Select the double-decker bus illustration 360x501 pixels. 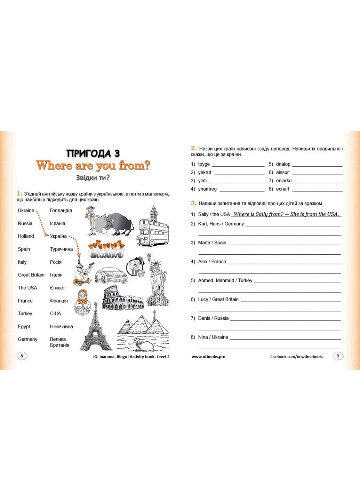153,230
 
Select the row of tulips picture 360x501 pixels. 107,248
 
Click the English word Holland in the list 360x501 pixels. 26,236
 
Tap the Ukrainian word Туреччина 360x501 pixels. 61,249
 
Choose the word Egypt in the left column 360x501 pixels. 24,326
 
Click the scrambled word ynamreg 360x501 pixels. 207,189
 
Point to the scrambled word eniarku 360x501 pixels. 284,181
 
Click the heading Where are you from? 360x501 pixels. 93,165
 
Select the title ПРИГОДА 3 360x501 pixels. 93,153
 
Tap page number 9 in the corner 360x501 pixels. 338,356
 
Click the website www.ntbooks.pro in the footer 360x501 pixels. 208,357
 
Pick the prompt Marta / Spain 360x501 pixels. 212,242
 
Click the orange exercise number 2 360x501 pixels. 193,148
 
